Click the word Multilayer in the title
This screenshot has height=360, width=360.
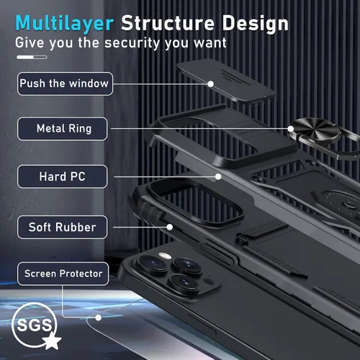pos(65,23)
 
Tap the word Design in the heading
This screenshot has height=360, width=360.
pos(256,24)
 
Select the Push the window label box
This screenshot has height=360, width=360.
pos(65,84)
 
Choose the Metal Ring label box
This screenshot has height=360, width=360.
pos(63,129)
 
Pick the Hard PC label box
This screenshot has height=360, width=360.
pos(63,176)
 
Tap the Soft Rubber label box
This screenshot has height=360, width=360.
pos(63,227)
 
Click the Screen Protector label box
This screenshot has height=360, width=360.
pos(63,274)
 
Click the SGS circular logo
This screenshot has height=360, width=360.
pos(35,325)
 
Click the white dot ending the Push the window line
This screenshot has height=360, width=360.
pos(210,84)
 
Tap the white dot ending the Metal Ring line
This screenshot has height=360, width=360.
pos(291,129)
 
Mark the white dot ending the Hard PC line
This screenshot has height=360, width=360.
pos(218,176)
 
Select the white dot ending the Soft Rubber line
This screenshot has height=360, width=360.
pos(170,227)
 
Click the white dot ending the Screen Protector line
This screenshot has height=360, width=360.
pos(98,318)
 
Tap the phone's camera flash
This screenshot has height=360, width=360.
pos(165,256)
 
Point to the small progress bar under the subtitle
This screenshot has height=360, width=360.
pos(32,57)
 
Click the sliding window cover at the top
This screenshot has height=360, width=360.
pos(225,81)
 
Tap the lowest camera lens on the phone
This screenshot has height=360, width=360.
pos(184,283)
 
